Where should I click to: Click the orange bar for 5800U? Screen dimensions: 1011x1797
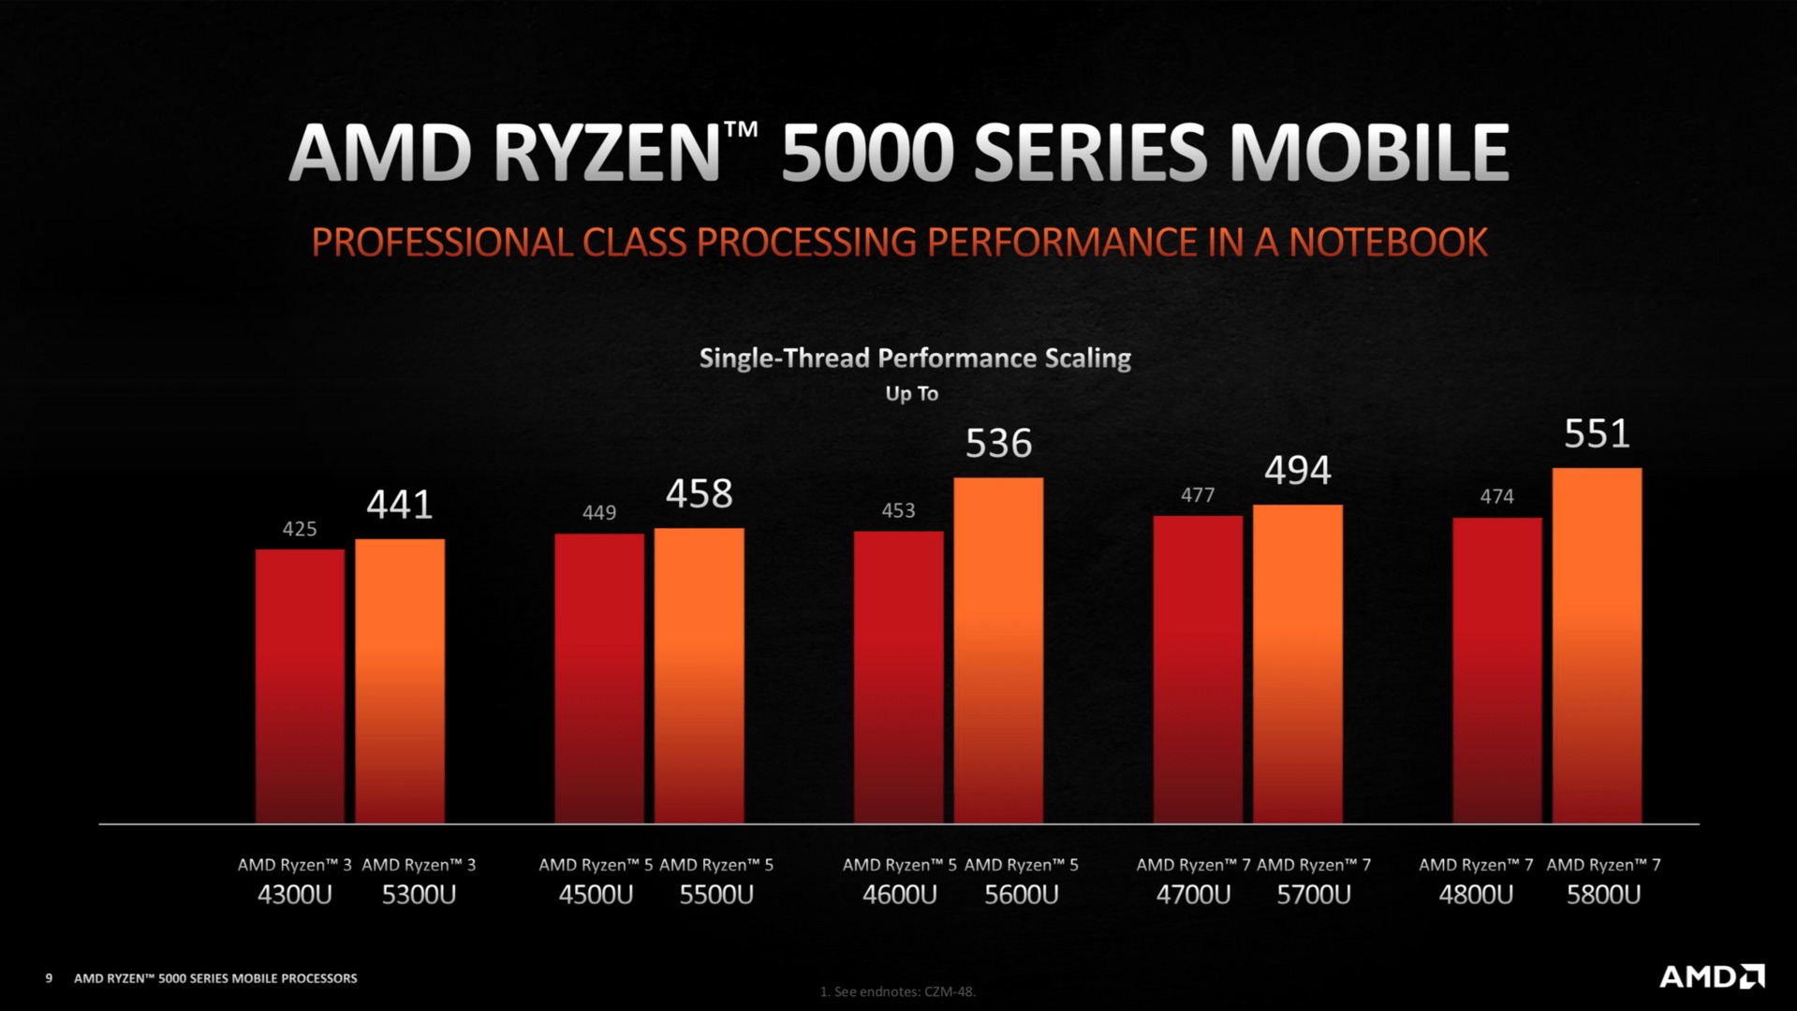(x=1597, y=646)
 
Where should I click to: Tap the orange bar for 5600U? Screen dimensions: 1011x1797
(x=998, y=651)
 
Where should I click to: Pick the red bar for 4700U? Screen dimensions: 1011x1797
(x=1198, y=669)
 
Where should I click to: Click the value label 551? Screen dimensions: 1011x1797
(x=1597, y=434)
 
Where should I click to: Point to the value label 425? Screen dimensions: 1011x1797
(x=300, y=529)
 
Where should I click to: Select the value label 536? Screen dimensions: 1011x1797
(x=998, y=444)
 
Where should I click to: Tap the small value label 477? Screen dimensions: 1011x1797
(x=1198, y=495)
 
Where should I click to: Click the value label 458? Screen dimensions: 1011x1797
(x=699, y=494)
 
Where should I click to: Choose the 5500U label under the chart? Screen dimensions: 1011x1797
(x=716, y=895)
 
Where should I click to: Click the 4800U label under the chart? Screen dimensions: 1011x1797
(x=1476, y=895)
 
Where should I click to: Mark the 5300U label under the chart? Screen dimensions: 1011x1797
(x=419, y=895)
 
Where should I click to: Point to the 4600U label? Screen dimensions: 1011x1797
(x=899, y=895)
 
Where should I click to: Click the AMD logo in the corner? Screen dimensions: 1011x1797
(x=1711, y=977)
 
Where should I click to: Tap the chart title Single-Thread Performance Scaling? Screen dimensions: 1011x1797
(x=915, y=359)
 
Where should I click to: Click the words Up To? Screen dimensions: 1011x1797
(x=911, y=394)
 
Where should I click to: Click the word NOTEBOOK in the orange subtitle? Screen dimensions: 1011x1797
(x=1387, y=242)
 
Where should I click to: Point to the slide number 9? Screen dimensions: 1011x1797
(x=49, y=978)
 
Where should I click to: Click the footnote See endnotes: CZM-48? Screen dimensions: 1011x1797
(x=897, y=991)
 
